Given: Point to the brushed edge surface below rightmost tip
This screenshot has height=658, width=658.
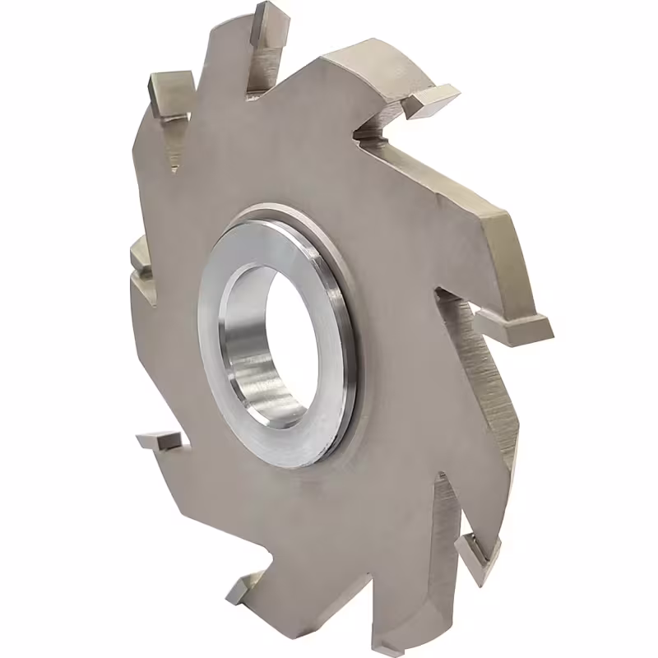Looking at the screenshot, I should (x=493, y=395).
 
